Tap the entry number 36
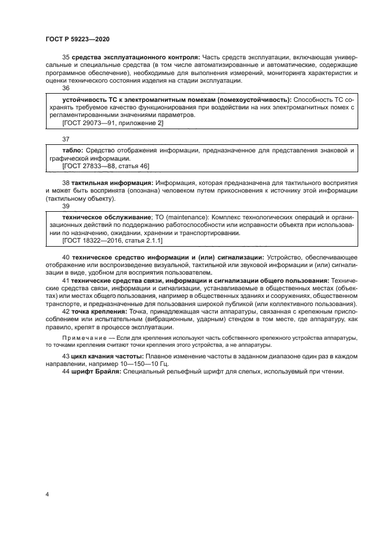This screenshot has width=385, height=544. click(66, 88)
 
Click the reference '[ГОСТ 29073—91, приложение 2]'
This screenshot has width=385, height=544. click(112, 123)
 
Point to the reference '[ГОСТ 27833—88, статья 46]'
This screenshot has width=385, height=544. click(105, 166)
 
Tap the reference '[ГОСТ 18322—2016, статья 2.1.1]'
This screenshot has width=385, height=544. click(112, 240)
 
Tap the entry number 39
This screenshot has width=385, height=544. click(66, 207)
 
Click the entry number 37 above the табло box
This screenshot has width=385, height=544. click(66, 140)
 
